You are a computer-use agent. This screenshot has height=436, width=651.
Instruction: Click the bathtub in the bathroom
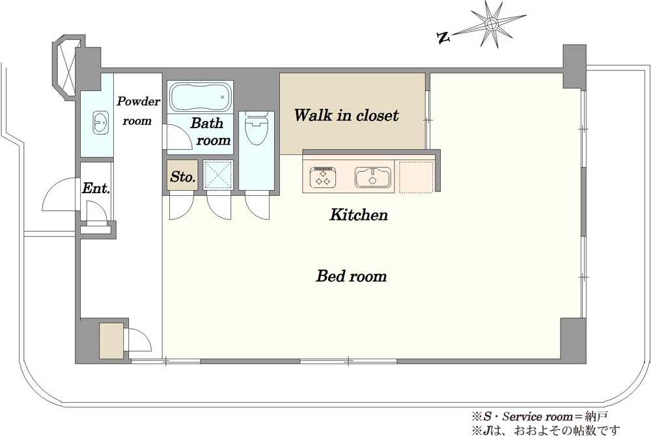pos(200,97)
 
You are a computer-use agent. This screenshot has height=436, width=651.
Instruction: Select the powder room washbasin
pos(100,122)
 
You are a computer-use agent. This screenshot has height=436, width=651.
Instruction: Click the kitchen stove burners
pos(323,177)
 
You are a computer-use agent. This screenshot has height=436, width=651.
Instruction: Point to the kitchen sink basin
pos(373,177)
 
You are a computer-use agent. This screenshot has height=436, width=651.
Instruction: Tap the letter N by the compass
pos(443,38)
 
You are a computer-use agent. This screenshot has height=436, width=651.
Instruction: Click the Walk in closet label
pos(346,115)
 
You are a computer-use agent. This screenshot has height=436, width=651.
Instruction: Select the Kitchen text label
pos(359,215)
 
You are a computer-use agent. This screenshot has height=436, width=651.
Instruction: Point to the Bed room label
pos(352,276)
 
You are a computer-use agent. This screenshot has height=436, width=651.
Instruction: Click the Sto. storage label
pos(183,177)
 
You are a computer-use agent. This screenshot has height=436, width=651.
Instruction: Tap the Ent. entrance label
pos(96,188)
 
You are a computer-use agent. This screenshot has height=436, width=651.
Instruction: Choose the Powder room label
pos(138,111)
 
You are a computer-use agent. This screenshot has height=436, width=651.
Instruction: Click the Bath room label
pos(210,131)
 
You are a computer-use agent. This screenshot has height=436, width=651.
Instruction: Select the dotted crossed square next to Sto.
pos(218,174)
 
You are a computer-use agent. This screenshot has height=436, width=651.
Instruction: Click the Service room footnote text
pos(540,416)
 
